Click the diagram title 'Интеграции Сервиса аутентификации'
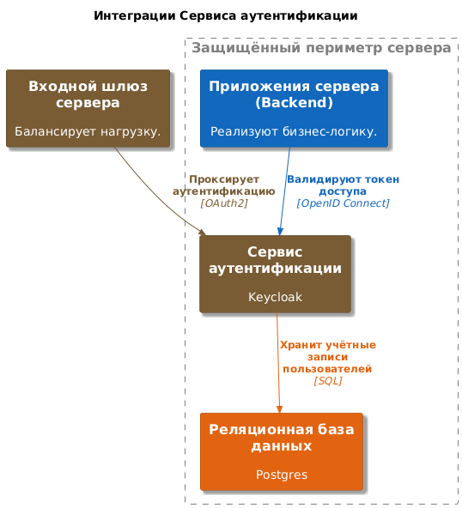(x=226, y=15)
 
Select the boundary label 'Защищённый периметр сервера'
(x=321, y=48)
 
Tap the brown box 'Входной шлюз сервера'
(x=88, y=108)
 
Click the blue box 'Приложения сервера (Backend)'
(x=294, y=108)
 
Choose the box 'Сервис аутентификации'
(x=276, y=274)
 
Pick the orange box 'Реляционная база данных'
(x=282, y=451)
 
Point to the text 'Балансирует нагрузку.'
(x=88, y=131)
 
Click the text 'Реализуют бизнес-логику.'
(x=294, y=131)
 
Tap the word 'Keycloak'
(x=276, y=297)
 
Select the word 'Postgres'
(x=282, y=475)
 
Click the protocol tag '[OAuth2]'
(x=224, y=203)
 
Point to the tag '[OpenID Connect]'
(x=343, y=203)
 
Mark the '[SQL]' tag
(x=328, y=381)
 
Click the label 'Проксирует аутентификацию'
(x=224, y=185)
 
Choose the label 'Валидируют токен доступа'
(x=343, y=185)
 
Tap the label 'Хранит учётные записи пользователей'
(x=328, y=357)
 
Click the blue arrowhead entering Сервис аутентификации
(x=281, y=232)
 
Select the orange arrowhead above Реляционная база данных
(x=279, y=408)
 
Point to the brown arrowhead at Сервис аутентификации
(x=203, y=232)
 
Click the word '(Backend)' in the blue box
(x=294, y=103)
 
